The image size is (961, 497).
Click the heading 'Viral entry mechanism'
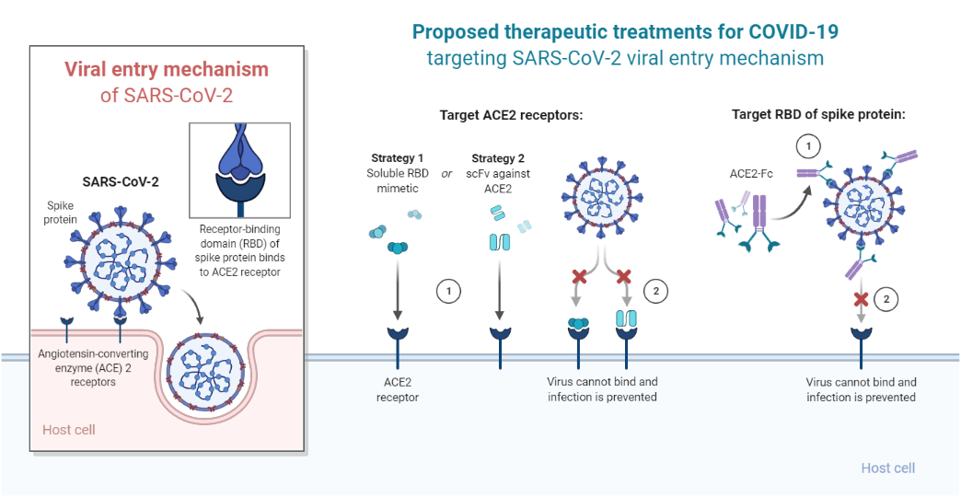(167, 69)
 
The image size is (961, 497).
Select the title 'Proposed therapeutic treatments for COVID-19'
(625, 32)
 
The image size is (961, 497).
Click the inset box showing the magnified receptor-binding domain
(238, 169)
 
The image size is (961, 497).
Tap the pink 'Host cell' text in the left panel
(69, 430)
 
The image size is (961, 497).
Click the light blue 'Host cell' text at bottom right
(887, 468)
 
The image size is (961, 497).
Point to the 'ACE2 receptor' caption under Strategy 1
(398, 389)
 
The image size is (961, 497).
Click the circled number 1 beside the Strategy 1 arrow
(447, 292)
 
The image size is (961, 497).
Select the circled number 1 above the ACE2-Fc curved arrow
(806, 145)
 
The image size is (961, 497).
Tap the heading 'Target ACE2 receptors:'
(512, 115)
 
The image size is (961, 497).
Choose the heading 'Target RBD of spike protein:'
(818, 115)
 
